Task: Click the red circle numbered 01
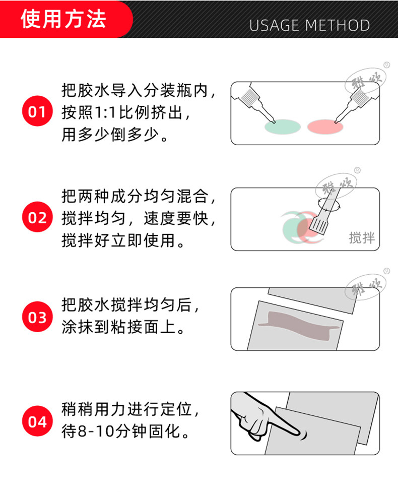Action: (x=37, y=111)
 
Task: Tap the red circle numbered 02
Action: (x=37, y=217)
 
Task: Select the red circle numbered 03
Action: (x=37, y=317)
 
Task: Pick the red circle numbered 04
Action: (x=37, y=421)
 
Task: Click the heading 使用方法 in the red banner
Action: (x=63, y=19)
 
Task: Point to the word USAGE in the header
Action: (x=274, y=25)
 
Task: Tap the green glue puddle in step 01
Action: (x=283, y=127)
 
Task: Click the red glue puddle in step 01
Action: (x=325, y=127)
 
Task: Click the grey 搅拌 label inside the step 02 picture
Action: (x=362, y=238)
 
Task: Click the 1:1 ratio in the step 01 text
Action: (x=105, y=112)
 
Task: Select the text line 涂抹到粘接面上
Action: (x=124, y=327)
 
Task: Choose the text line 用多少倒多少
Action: (x=115, y=135)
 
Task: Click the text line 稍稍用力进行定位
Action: (x=130, y=409)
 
